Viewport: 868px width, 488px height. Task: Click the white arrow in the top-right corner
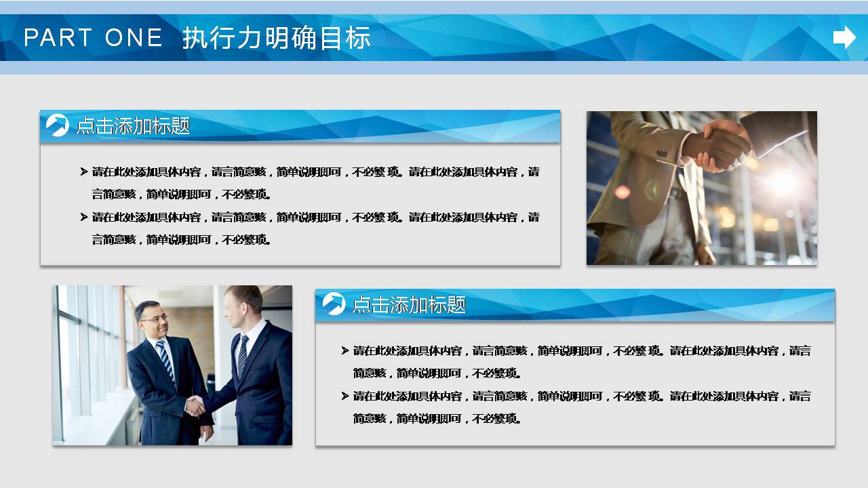tap(844, 37)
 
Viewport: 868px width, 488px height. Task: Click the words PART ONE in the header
tap(93, 38)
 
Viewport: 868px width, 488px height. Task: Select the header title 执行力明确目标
tap(276, 38)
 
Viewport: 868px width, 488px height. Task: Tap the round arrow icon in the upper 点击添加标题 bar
tap(58, 125)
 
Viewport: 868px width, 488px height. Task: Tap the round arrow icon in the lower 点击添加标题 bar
tap(334, 304)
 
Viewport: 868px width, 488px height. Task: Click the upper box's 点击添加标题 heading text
tap(133, 126)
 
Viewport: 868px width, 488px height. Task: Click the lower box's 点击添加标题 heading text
tap(409, 305)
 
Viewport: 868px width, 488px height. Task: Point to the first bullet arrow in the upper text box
tap(84, 171)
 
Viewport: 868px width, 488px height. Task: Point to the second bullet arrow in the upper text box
tap(84, 217)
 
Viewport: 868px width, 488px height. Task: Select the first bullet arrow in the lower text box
tap(345, 350)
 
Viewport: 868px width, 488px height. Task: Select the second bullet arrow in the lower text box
tap(345, 396)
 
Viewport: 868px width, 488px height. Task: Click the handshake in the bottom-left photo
tap(195, 406)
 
